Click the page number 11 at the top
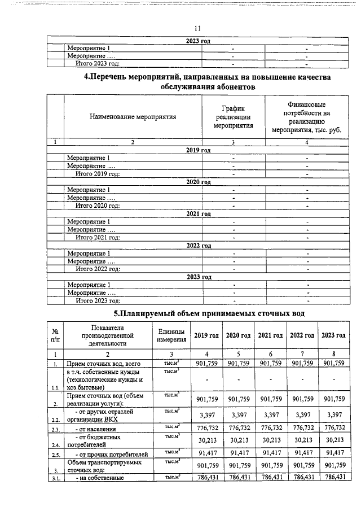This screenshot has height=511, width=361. click(x=197, y=29)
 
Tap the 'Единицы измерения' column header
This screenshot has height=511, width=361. click(x=172, y=336)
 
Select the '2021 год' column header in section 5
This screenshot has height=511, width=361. click(x=270, y=336)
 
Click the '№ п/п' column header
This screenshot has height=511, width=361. click(x=56, y=336)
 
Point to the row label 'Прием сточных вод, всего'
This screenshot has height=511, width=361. click(x=107, y=364)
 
